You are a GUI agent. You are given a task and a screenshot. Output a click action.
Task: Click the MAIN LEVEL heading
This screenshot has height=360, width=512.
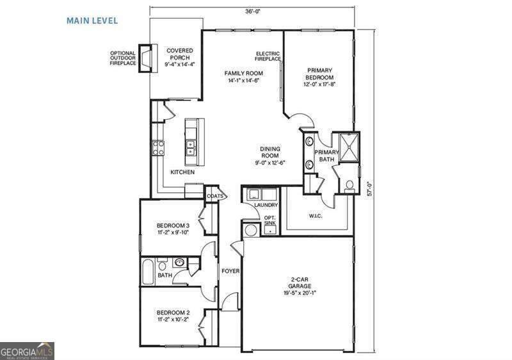point(92,20)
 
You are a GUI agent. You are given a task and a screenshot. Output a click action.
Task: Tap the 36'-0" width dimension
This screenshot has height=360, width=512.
point(252,10)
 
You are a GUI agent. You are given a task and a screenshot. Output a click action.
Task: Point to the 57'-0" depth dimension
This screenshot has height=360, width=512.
point(369,190)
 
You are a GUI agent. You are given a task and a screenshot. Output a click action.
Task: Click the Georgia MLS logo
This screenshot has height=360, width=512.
point(27,351)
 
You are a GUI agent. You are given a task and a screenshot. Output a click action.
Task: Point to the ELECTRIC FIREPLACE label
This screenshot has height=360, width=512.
point(268,56)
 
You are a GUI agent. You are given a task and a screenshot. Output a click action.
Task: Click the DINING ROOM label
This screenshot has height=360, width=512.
point(269,155)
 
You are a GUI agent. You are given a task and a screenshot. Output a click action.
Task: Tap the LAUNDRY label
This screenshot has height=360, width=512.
point(266,205)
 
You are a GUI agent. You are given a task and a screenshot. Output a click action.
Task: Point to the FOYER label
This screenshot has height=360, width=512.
point(230,271)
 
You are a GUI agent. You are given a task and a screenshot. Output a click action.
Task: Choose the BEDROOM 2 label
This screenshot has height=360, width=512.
point(173,316)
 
